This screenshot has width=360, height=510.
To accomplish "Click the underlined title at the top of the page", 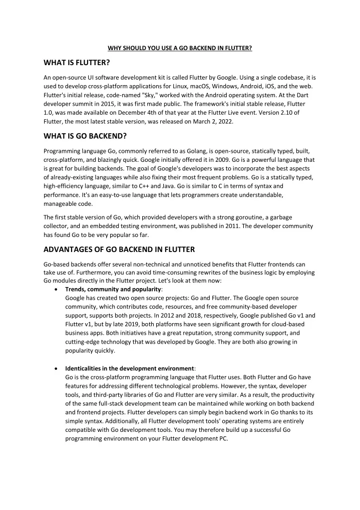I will [x=180, y=48].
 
